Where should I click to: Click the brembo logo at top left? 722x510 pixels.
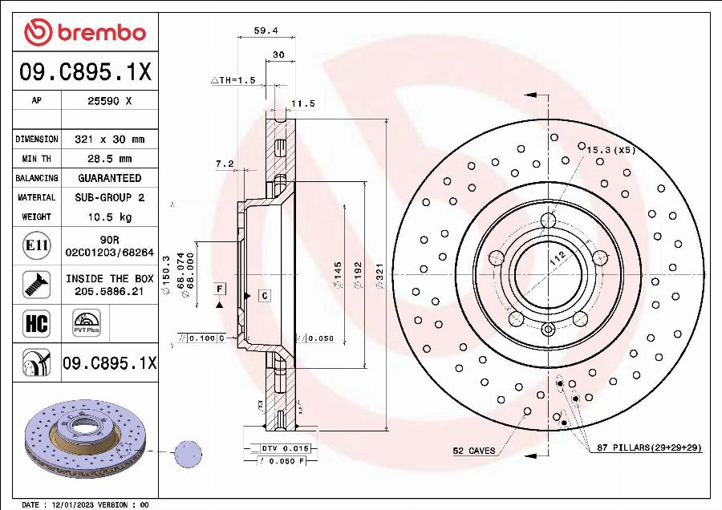(84, 32)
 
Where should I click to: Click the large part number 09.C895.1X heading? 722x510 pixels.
(84, 73)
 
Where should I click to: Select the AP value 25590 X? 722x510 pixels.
(109, 101)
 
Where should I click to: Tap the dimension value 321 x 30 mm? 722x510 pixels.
(109, 140)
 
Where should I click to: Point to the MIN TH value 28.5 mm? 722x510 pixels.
(109, 159)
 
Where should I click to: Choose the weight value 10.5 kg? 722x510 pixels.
(109, 217)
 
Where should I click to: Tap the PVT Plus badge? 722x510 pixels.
(86, 324)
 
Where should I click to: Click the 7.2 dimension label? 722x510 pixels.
(225, 164)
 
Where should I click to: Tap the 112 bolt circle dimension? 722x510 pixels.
(557, 257)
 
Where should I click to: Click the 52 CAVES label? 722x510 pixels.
(473, 451)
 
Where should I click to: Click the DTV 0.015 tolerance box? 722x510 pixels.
(285, 447)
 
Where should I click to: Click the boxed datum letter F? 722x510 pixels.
(218, 288)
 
